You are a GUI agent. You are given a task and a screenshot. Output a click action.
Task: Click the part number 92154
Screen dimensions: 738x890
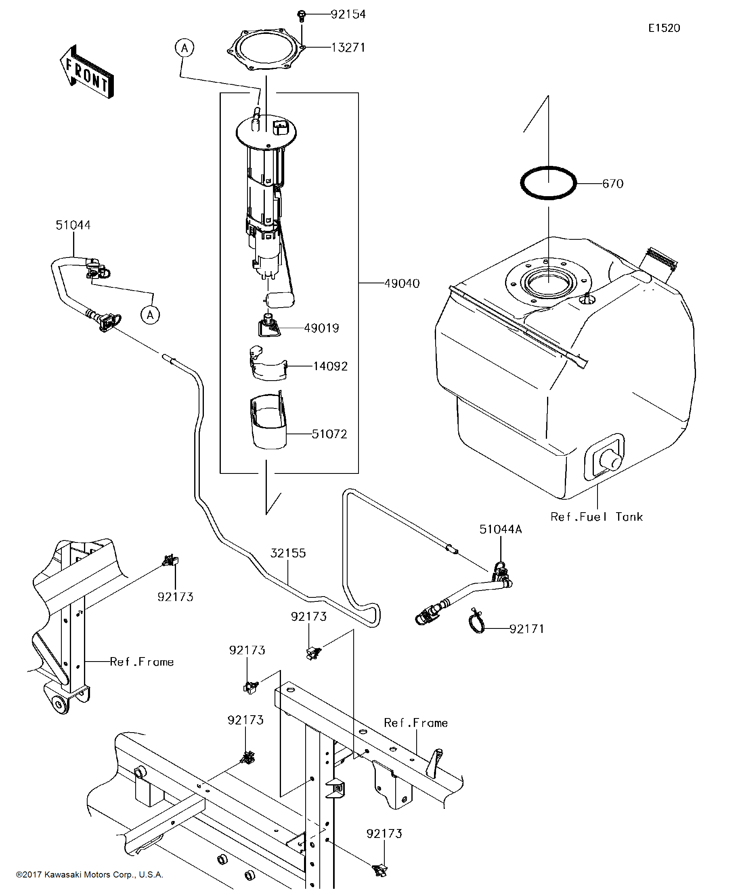(x=348, y=15)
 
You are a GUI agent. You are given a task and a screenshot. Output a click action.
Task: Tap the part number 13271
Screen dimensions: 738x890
(x=348, y=48)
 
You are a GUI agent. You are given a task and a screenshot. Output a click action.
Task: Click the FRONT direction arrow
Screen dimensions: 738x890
(x=87, y=72)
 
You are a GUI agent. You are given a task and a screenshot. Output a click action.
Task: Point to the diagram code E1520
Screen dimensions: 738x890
(x=664, y=28)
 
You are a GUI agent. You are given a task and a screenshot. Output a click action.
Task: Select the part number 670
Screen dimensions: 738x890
(x=612, y=184)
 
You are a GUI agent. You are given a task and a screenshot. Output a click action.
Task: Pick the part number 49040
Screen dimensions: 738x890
(x=402, y=283)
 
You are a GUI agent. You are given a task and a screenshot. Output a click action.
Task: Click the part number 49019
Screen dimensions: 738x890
(x=321, y=328)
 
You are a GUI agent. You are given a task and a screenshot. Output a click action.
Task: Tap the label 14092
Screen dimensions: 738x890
(x=330, y=366)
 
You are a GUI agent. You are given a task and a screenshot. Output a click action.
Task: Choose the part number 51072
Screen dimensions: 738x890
(x=329, y=434)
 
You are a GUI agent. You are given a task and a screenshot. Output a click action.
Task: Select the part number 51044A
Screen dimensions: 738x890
(x=501, y=529)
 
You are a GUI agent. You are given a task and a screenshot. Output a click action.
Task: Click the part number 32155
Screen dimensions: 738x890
(x=288, y=553)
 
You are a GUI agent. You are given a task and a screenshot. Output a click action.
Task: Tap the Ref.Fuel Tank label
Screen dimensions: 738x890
(x=597, y=517)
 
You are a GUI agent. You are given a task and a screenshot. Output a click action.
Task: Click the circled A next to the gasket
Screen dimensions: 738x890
(x=184, y=48)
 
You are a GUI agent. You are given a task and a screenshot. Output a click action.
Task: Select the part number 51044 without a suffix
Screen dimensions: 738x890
(x=73, y=225)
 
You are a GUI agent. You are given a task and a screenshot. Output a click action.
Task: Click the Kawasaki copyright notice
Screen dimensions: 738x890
(x=90, y=874)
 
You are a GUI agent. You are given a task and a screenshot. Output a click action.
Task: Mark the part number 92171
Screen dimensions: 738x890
(x=527, y=629)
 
